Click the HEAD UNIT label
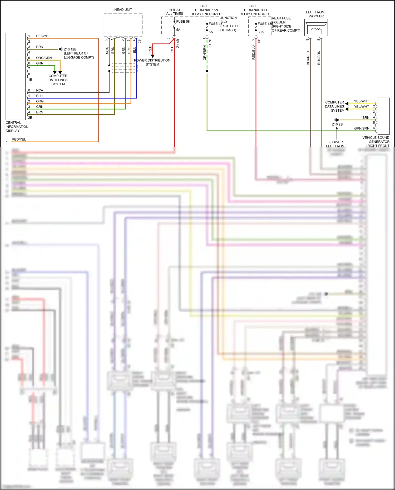click(x=123, y=10)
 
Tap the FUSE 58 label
click(x=183, y=22)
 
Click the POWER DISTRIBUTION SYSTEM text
click(x=152, y=62)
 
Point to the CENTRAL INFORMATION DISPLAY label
click(x=17, y=127)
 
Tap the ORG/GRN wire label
click(x=44, y=58)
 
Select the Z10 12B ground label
click(x=70, y=49)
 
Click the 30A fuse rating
click(x=261, y=32)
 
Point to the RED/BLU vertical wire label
click(x=254, y=52)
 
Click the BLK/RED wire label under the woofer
click(x=308, y=58)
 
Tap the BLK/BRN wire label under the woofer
click(x=319, y=58)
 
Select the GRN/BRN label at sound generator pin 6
click(x=362, y=128)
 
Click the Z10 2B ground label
click(x=337, y=124)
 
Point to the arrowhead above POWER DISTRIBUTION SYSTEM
click(x=152, y=56)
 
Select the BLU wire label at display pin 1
click(x=39, y=96)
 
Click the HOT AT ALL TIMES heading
click(x=175, y=12)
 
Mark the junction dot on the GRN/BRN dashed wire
click(x=207, y=71)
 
